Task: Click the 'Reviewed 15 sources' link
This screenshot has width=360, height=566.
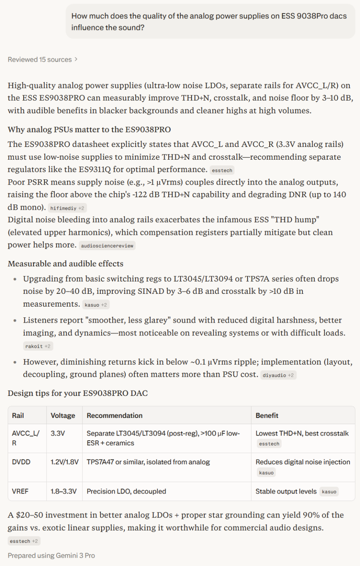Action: pyautogui.click(x=42, y=60)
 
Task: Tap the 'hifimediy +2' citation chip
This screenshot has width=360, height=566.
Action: pyautogui.click(x=67, y=208)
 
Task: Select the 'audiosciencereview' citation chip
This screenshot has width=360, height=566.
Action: pyautogui.click(x=107, y=246)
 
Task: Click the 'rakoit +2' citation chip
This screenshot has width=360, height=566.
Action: pyautogui.click(x=38, y=346)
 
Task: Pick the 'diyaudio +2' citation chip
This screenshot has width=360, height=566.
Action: pyautogui.click(x=278, y=375)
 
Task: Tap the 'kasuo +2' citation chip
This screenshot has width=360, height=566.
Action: pyautogui.click(x=96, y=305)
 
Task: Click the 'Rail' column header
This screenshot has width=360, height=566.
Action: pyautogui.click(x=18, y=415)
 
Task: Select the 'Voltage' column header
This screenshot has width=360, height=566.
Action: pyautogui.click(x=63, y=415)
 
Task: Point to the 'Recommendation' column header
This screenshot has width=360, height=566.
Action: pyautogui.click(x=114, y=415)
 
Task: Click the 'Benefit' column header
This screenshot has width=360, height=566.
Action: pyautogui.click(x=267, y=415)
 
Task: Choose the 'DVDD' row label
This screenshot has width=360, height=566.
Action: pyautogui.click(x=21, y=462)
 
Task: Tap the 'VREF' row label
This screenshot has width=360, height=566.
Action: pyautogui.click(x=20, y=491)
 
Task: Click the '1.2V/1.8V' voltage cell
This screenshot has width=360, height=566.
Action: pyautogui.click(x=64, y=462)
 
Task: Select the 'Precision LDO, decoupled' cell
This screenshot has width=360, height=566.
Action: pyautogui.click(x=126, y=491)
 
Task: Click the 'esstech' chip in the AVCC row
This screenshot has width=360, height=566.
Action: pyautogui.click(x=269, y=444)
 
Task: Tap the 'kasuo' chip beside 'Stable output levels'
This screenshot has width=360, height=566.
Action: pyautogui.click(x=329, y=492)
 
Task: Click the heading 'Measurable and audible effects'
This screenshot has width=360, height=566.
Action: pyautogui.click(x=65, y=263)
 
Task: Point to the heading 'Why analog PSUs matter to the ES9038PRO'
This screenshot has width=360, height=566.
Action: pyautogui.click(x=89, y=129)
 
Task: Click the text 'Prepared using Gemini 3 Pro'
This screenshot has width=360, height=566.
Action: pyautogui.click(x=51, y=556)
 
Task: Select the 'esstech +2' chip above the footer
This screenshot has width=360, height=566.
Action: pyautogui.click(x=24, y=541)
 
